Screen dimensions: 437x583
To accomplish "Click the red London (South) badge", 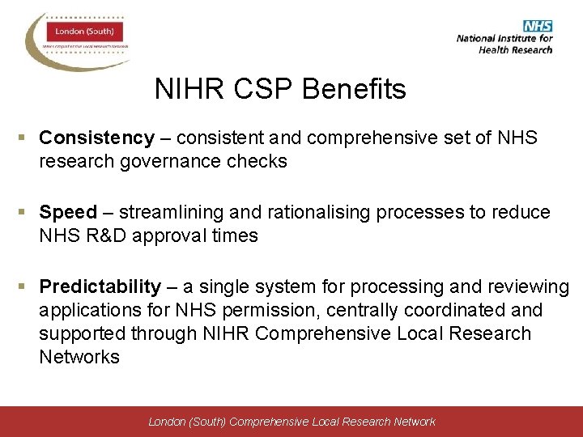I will pyautogui.click(x=83, y=32).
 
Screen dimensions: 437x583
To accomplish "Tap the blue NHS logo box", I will pyautogui.click(x=538, y=26).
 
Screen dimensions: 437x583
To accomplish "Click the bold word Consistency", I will pyautogui.click(x=96, y=138).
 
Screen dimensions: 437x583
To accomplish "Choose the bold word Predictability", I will pyautogui.click(x=100, y=286).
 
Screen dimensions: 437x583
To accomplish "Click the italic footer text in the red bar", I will pyautogui.click(x=291, y=422).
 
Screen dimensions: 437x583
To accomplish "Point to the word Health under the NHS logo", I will pyautogui.click(x=495, y=49).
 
